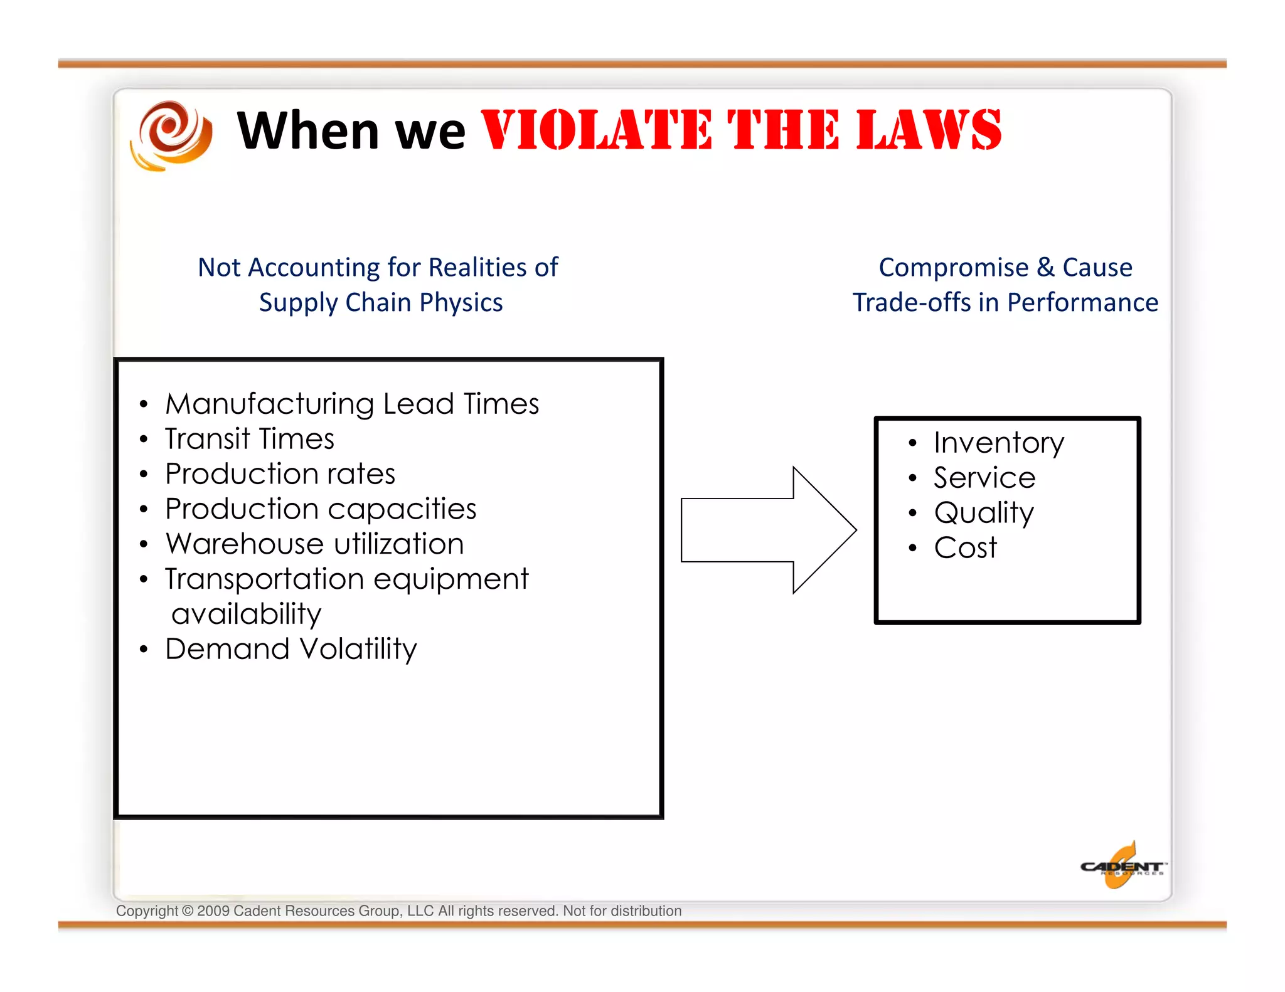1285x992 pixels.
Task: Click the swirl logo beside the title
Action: tap(171, 135)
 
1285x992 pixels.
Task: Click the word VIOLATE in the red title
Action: tap(596, 130)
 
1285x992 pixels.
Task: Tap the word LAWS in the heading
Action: tap(929, 130)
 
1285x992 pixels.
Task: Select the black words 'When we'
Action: tap(351, 130)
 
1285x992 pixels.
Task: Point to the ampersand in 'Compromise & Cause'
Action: tap(1045, 267)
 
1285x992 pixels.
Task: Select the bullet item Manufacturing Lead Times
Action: tap(351, 404)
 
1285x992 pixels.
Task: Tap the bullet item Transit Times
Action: tap(249, 439)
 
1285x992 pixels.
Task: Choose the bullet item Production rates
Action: tap(280, 474)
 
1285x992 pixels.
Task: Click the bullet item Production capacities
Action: tap(320, 509)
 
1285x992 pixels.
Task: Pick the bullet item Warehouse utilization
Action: tap(314, 544)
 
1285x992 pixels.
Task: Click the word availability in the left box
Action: tap(246, 615)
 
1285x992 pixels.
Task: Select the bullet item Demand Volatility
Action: tap(291, 649)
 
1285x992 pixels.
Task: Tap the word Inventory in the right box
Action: tap(998, 443)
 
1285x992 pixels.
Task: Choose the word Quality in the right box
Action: tap(983, 513)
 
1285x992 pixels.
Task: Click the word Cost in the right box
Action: tap(965, 548)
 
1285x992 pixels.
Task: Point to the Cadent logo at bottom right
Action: tap(1122, 867)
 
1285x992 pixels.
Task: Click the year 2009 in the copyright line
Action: tap(213, 911)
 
